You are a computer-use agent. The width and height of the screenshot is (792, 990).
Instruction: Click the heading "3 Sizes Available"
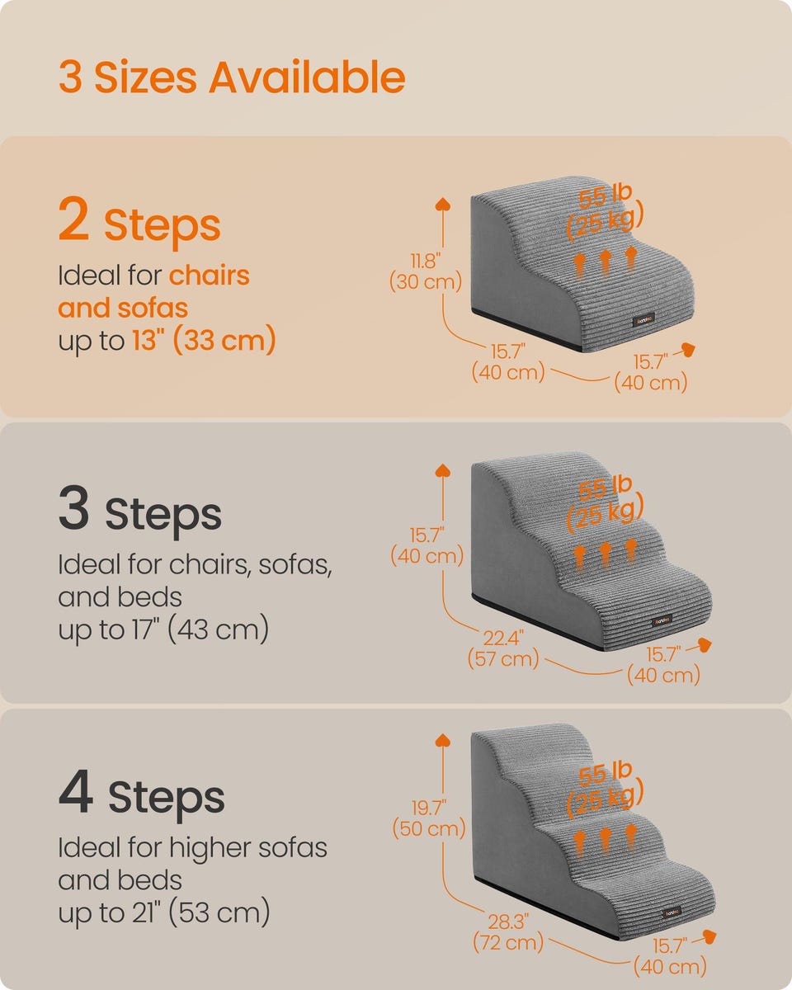coord(232,78)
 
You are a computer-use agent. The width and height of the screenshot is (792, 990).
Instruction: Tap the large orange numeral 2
coord(73,219)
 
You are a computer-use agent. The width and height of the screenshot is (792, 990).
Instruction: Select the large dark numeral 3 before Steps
coord(73,507)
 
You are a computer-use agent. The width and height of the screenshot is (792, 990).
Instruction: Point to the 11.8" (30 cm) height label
coord(425,271)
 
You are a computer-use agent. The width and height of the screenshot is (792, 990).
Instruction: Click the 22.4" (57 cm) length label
coord(503,648)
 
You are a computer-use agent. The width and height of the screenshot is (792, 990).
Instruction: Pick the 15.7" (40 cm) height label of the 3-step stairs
coord(427,545)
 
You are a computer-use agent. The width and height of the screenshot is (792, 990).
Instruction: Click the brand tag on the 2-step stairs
coord(643,321)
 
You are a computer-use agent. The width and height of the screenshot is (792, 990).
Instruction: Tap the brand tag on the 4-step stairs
coord(672,912)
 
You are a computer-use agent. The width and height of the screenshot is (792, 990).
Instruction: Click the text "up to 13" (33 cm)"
coord(167,341)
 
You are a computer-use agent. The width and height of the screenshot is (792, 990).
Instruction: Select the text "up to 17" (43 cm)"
coord(163,629)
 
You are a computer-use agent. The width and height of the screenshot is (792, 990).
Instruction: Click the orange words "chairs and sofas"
coord(153,292)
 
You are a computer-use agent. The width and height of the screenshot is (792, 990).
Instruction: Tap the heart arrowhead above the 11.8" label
coord(443,205)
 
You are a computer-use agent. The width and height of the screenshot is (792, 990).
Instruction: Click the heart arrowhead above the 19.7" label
coord(443,740)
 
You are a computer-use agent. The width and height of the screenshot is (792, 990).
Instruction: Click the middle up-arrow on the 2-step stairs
coord(606,262)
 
